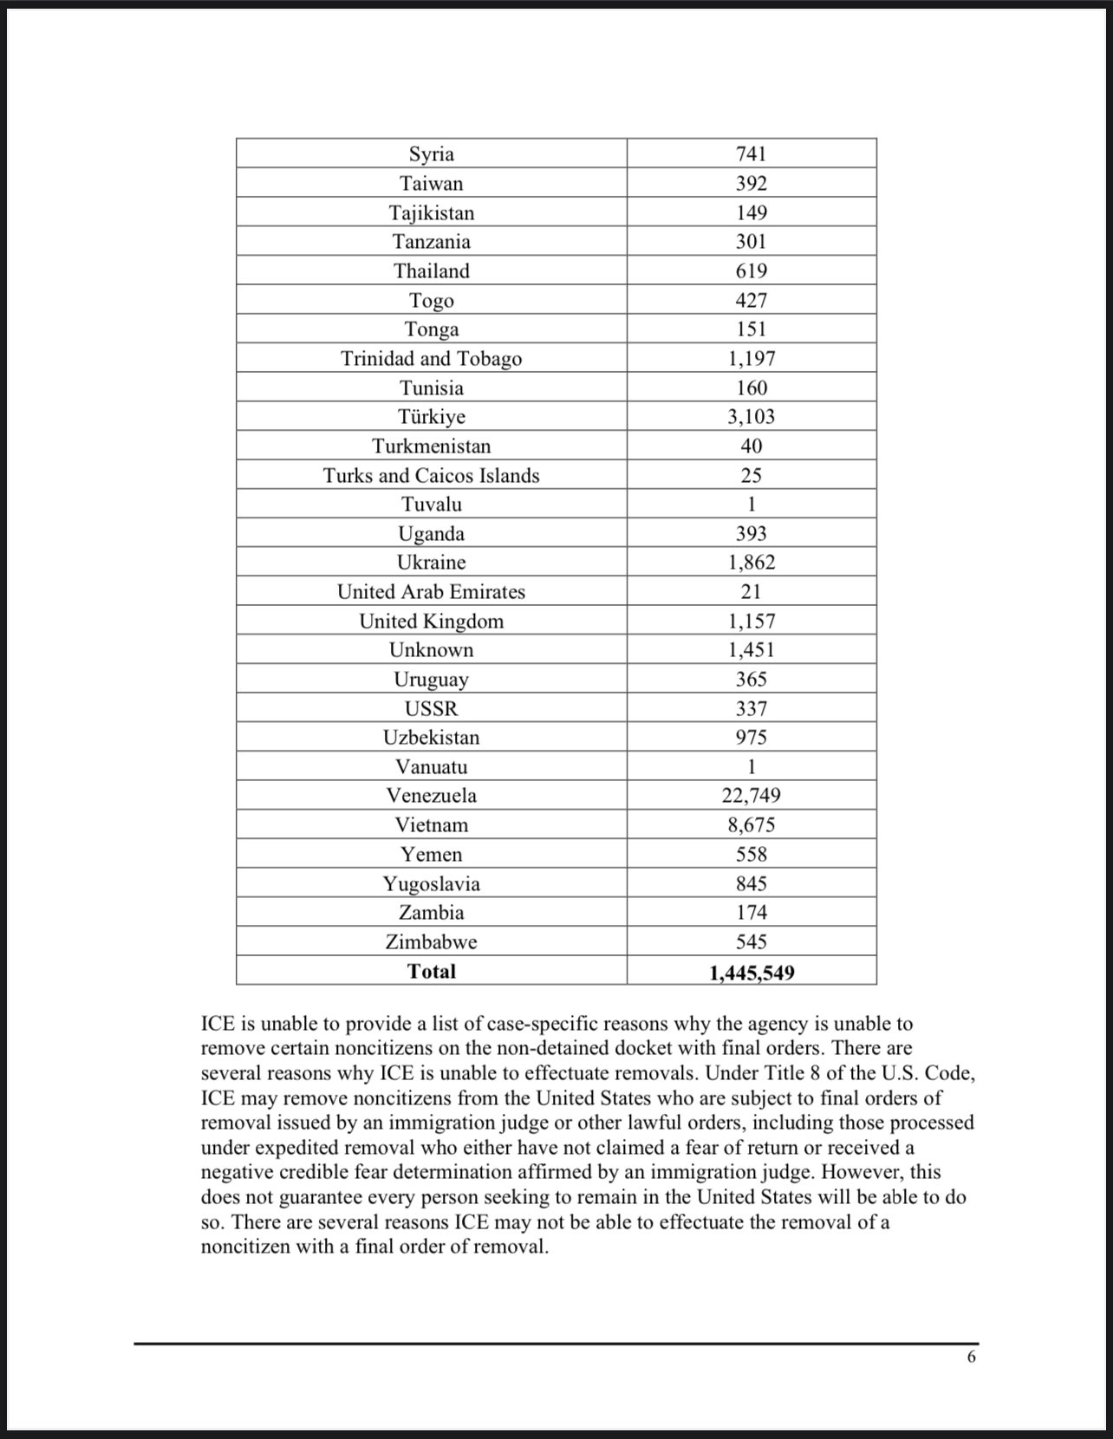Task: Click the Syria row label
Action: (x=431, y=154)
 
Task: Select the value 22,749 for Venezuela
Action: (x=751, y=796)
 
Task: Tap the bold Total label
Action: (x=431, y=971)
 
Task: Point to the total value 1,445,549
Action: (x=751, y=973)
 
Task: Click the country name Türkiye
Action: (x=431, y=417)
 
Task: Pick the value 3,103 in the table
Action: (x=751, y=417)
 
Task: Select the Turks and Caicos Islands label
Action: (x=431, y=476)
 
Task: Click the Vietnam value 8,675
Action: (x=751, y=825)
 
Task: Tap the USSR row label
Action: (x=431, y=709)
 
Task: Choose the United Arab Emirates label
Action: (x=431, y=592)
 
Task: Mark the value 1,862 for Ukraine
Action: (x=751, y=563)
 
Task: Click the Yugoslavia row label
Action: (x=431, y=884)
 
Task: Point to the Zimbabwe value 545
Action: (x=751, y=942)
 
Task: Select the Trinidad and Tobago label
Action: (x=431, y=359)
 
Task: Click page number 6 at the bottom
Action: (x=971, y=1357)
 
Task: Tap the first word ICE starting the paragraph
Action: (x=219, y=1025)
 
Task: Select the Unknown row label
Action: (x=431, y=650)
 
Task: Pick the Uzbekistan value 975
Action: (x=751, y=738)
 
